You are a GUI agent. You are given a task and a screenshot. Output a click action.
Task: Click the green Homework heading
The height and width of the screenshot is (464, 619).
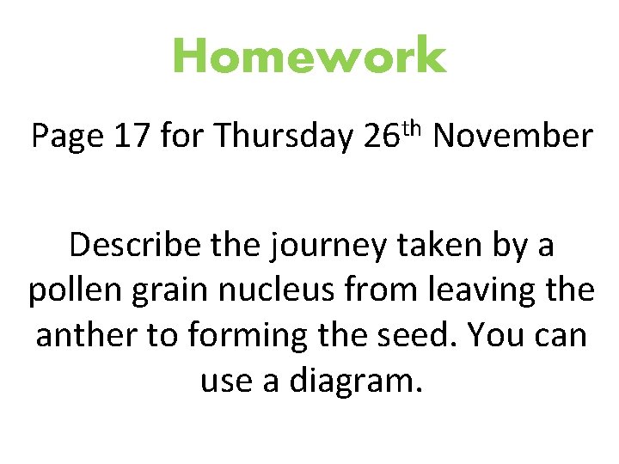(309, 58)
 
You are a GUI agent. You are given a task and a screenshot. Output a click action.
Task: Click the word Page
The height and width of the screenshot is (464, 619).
(66, 137)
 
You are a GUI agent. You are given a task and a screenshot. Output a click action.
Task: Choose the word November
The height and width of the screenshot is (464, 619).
(513, 137)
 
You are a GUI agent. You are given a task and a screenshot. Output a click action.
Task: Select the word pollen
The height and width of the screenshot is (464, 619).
(74, 291)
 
